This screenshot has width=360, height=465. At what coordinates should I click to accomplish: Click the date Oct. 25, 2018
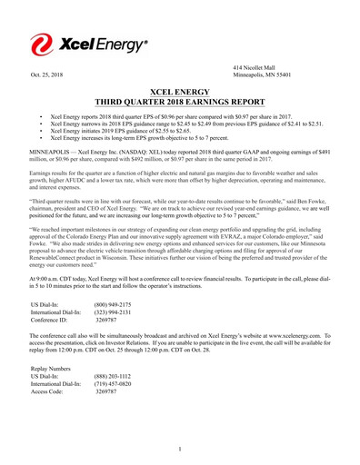pos(47,74)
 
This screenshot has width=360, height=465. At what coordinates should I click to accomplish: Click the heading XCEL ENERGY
pos(179,92)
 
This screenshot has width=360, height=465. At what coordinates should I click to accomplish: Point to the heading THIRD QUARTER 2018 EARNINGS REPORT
pos(179,103)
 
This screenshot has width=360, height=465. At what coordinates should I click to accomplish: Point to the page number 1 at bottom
pos(180,448)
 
